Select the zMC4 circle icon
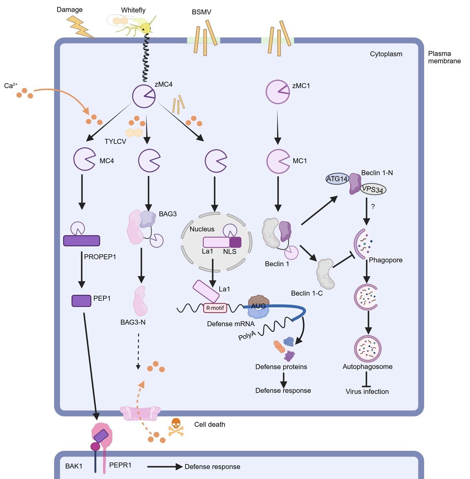tap(144, 96)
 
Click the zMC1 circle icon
tap(278, 92)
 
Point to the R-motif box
tap(215, 308)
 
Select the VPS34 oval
tap(373, 189)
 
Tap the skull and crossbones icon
tap(176, 426)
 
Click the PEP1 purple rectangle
tap(82, 301)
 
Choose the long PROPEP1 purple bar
tap(82, 240)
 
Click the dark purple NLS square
tap(235, 242)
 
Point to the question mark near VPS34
tap(373, 207)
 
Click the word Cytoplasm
tap(386, 54)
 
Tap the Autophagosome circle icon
tap(368, 349)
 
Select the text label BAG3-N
tap(133, 322)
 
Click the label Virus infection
tap(367, 391)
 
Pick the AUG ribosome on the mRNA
tap(258, 306)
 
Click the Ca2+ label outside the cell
tap(11, 86)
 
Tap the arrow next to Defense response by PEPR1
tap(165, 466)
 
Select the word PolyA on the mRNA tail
tap(247, 335)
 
